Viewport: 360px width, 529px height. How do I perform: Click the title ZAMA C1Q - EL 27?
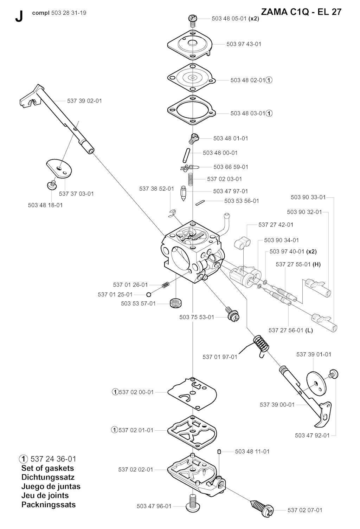[301, 12]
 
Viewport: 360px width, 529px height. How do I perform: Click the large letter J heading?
[19, 17]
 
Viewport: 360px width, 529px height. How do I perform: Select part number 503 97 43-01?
[244, 44]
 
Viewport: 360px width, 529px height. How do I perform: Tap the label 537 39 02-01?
[84, 101]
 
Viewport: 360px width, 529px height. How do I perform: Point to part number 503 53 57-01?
[138, 303]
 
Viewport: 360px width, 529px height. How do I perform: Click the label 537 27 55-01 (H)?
[298, 264]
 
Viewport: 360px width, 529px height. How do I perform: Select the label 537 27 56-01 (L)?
[290, 330]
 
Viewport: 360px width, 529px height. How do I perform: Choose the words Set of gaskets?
[48, 468]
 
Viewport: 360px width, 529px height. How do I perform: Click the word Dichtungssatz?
[48, 477]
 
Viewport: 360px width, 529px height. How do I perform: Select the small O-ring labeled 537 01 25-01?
[149, 294]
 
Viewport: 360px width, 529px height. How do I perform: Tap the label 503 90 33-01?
[308, 197]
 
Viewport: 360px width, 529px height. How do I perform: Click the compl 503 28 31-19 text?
[59, 13]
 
